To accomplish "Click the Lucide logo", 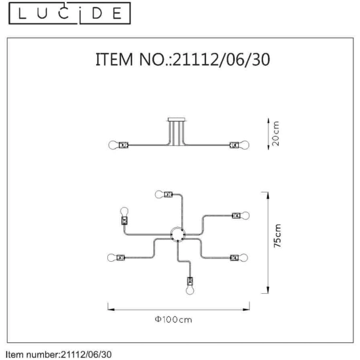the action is pyautogui.click(x=69, y=13).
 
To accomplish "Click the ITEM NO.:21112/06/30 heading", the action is pyautogui.click(x=183, y=60).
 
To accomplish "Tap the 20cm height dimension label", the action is pyautogui.click(x=276, y=134).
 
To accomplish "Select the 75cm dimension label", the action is pyautogui.click(x=277, y=236).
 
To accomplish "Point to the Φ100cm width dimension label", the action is pyautogui.click(x=173, y=319).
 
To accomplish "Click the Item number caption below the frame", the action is pyautogui.click(x=58, y=354).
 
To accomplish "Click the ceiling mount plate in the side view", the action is pyautogui.click(x=176, y=120).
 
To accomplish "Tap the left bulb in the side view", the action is pyautogui.click(x=114, y=145).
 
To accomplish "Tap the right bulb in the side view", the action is pyautogui.click(x=244, y=145).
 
